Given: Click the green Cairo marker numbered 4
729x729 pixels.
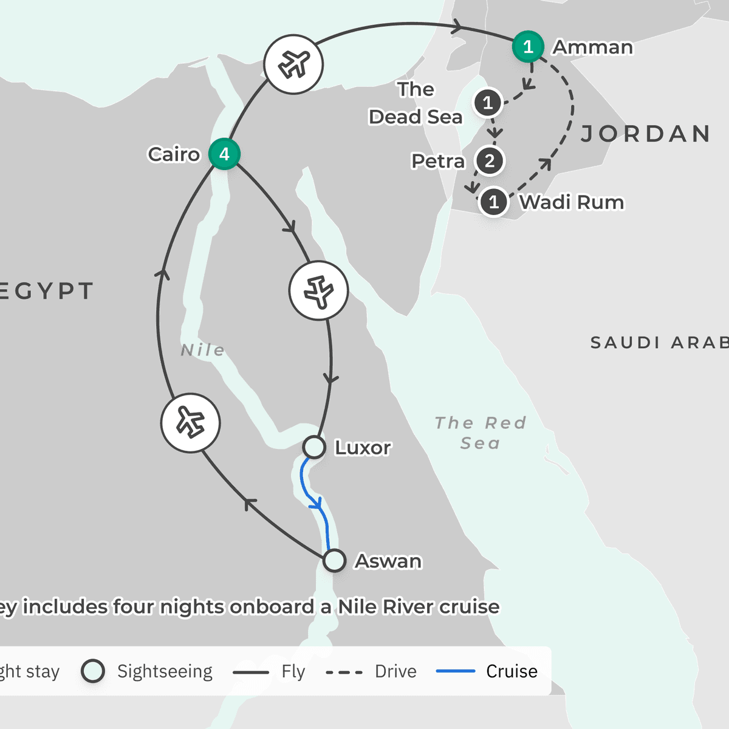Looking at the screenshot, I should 224,154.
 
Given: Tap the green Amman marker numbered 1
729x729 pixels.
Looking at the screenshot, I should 528,46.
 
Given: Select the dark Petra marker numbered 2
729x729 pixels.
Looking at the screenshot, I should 490,161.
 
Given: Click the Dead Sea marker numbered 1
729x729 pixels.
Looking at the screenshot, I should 488,103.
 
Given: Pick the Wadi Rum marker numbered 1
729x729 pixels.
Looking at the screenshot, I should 494,202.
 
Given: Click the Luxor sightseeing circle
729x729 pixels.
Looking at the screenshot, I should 314,447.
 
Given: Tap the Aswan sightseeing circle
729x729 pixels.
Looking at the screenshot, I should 334,560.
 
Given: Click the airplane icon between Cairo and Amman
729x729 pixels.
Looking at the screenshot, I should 293,64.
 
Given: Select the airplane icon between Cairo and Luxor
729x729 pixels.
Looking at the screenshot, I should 318,291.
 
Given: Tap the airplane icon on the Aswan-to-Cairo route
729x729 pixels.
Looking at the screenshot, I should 191,423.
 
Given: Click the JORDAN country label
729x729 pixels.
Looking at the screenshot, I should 645,134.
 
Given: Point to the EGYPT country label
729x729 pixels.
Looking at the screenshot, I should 46,291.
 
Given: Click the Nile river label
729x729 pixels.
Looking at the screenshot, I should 203,350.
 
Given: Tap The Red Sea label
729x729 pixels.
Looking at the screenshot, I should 480,433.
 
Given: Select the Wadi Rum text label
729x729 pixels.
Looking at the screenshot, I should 572,202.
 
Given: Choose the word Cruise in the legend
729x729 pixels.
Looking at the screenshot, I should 512,671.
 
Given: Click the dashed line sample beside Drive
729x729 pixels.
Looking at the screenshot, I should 344,672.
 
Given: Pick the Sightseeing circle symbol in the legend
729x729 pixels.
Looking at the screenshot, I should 93,671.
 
